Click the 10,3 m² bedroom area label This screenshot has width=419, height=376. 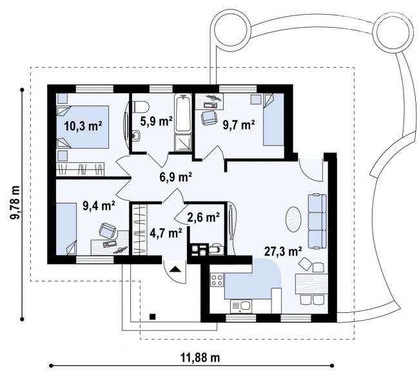pyautogui.click(x=83, y=126)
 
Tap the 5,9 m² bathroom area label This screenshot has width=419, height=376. pyautogui.click(x=157, y=122)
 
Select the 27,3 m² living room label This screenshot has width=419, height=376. pyautogui.click(x=283, y=251)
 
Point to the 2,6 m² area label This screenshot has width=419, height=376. pyautogui.click(x=204, y=218)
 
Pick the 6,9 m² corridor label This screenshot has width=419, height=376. pyautogui.click(x=176, y=177)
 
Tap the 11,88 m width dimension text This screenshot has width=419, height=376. pyautogui.click(x=200, y=357)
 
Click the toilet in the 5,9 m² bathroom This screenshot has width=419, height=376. pyautogui.click(x=141, y=107)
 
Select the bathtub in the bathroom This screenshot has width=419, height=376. pyautogui.click(x=183, y=113)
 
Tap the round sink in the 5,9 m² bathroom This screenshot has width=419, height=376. pyautogui.click(x=137, y=136)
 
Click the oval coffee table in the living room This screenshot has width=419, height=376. pyautogui.click(x=294, y=220)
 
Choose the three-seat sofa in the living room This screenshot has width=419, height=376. pyautogui.click(x=317, y=221)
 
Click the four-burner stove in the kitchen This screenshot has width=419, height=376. pyautogui.click(x=217, y=280)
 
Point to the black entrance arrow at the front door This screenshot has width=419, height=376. pyautogui.click(x=175, y=268)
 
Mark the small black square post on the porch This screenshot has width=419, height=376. pyautogui.click(x=153, y=317)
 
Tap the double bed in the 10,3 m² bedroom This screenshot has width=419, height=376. pyautogui.click(x=83, y=127)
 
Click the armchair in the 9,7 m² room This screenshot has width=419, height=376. pyautogui.click(x=208, y=118)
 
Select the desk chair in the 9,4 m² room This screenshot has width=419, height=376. pyautogui.click(x=108, y=230)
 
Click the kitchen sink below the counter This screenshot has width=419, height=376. pyautogui.click(x=241, y=306)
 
